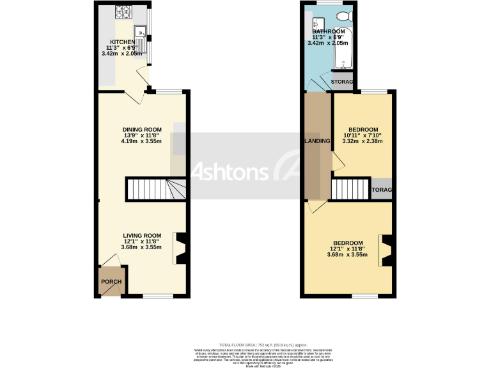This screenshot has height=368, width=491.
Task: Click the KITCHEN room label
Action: [x=122, y=42]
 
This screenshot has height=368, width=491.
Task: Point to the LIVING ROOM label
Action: [x=142, y=235]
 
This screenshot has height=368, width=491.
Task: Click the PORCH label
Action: [x=110, y=282]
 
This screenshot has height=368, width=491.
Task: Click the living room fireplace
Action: [x=180, y=249]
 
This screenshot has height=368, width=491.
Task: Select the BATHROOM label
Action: [x=329, y=31]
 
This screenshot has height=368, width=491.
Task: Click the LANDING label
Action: [x=317, y=141]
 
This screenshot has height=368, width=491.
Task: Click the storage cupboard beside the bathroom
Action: [x=343, y=82]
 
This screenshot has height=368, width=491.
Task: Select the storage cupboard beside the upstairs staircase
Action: [x=382, y=189]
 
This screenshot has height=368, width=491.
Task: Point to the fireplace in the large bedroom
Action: [x=386, y=250]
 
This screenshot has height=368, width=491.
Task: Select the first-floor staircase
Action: [x=350, y=189]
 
